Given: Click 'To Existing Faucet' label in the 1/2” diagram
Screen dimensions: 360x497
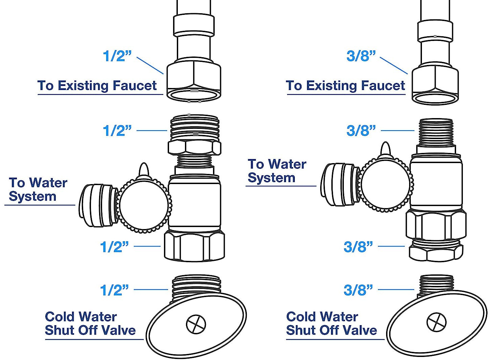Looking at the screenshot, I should tap(97, 86).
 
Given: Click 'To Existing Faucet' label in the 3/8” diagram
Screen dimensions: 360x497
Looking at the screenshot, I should tap(345, 86).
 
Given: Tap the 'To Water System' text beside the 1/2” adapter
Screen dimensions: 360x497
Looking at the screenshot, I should tap(38, 189).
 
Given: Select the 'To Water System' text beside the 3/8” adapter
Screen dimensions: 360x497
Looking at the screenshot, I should tap(277, 171).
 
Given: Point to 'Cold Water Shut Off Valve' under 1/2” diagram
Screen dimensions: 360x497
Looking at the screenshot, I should tap(90, 323).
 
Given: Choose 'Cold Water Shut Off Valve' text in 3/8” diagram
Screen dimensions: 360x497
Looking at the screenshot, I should tap(331, 323).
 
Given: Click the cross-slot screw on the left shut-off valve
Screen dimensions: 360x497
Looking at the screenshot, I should tap(196, 324).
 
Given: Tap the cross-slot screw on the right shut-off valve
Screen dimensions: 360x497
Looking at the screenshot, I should tap(436, 322).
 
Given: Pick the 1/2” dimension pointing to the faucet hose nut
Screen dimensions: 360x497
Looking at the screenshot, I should tap(117, 56).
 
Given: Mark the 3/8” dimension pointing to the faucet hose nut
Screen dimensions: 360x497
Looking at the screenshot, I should tap(361, 56).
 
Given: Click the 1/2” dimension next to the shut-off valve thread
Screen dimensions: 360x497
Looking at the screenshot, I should tap(115, 290).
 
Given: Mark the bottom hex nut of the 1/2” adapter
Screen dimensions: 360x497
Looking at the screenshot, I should tap(194, 246).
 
